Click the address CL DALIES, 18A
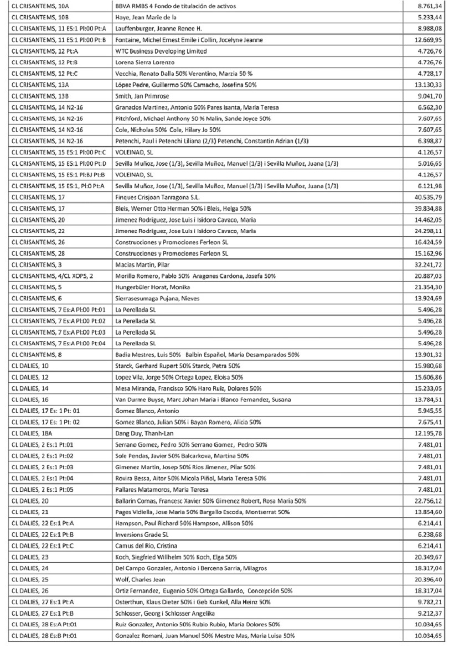tap(30, 428)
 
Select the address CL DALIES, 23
tap(29, 557)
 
